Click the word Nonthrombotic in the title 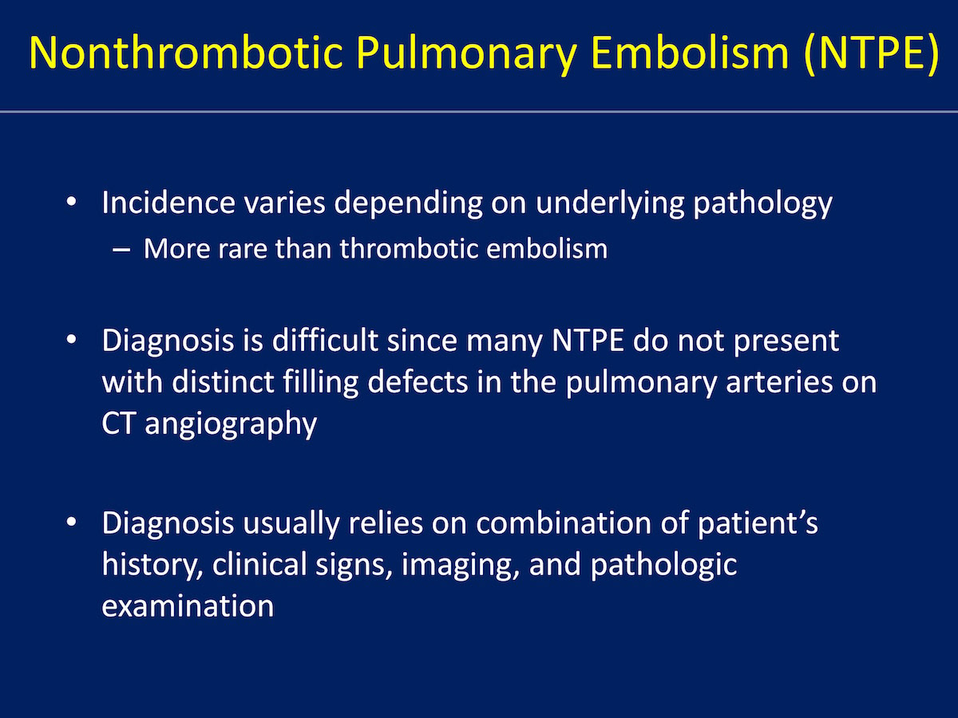(x=185, y=53)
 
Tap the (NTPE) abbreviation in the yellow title (x=870, y=53)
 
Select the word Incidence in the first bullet (x=168, y=203)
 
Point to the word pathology (x=762, y=204)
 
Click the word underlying (x=610, y=204)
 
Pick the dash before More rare (x=121, y=251)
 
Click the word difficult (x=325, y=340)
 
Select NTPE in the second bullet (x=588, y=341)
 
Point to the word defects (x=418, y=382)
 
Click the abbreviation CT (x=118, y=424)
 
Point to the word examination (x=188, y=606)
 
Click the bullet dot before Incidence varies (x=72, y=203)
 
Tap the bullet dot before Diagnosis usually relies (x=72, y=522)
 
